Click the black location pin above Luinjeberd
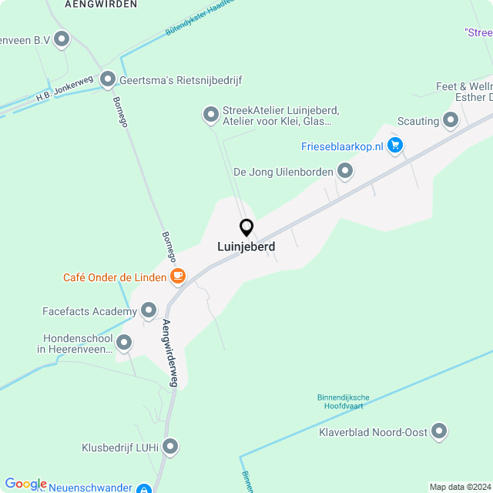246,227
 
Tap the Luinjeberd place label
246,247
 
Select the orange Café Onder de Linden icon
178,275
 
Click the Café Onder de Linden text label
114,277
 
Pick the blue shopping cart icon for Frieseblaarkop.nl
395,144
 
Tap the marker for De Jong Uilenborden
345,172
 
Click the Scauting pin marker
451,120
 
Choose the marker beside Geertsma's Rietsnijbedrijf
107,79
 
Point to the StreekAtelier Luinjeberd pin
210,116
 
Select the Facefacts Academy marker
149,311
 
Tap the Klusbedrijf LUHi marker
170,447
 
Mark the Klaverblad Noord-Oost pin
439,432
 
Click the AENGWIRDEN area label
101,4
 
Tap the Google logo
25,484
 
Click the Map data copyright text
460,487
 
